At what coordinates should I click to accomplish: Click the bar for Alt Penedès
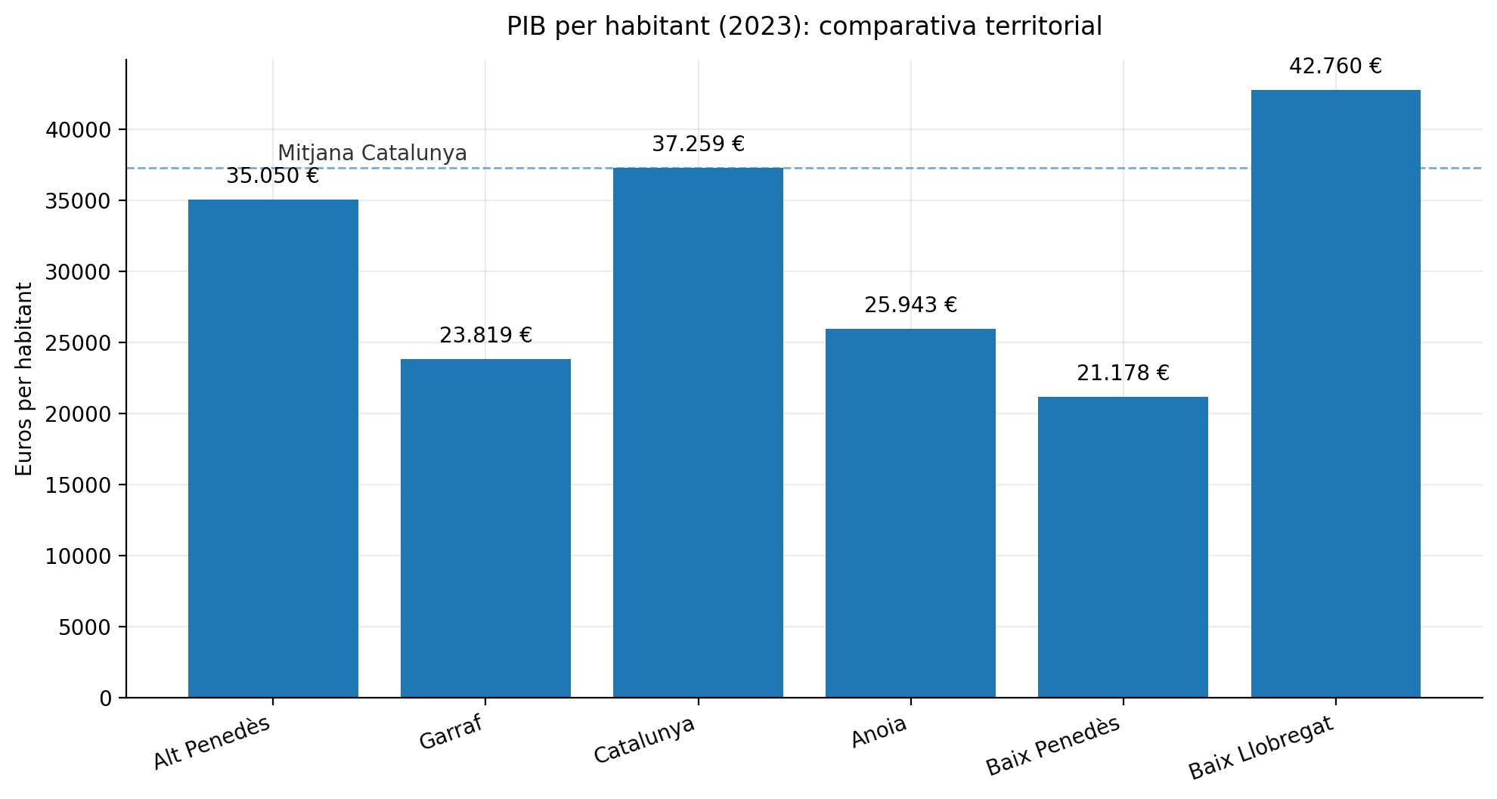[x=273, y=448]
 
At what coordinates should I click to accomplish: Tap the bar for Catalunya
[x=698, y=432]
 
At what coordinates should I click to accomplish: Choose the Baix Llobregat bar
[x=1335, y=393]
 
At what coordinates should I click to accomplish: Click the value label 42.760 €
[x=1335, y=67]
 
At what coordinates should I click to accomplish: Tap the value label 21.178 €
[x=1123, y=373]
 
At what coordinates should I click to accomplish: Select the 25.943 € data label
[x=910, y=305]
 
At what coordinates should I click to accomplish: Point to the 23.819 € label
[x=485, y=336]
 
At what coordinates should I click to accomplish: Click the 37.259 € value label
[x=698, y=144]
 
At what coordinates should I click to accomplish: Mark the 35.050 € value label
[x=273, y=176]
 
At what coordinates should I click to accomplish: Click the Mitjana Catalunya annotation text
[x=372, y=153]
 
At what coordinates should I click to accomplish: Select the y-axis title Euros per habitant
[x=24, y=379]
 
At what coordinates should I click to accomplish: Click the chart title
[x=804, y=26]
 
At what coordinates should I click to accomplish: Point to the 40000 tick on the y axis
[x=78, y=130]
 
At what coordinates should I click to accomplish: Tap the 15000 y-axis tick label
[x=78, y=485]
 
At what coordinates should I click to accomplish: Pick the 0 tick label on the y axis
[x=105, y=698]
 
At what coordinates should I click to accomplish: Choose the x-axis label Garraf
[x=451, y=732]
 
